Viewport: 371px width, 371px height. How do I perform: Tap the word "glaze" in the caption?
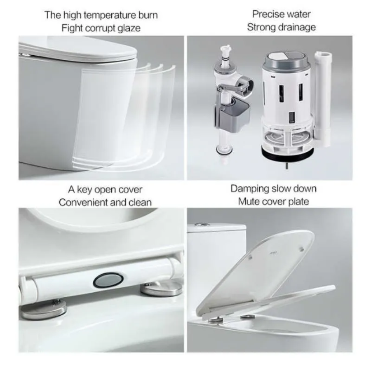[x=129, y=28]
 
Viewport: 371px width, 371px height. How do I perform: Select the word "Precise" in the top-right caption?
[x=266, y=14]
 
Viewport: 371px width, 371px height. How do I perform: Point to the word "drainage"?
[x=297, y=27]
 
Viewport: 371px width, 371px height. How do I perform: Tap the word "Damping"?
[x=250, y=189]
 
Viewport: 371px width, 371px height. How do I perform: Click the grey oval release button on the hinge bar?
[x=108, y=280]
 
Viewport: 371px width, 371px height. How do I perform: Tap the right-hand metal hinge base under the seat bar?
[x=161, y=288]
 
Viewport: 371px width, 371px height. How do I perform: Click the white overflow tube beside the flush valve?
[x=323, y=99]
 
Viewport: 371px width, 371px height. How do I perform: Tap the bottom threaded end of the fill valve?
[x=223, y=155]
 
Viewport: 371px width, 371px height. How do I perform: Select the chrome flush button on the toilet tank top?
[x=202, y=224]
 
